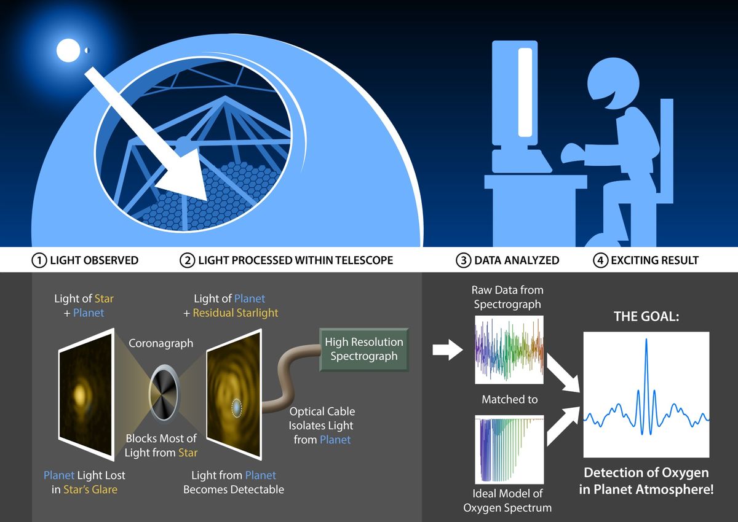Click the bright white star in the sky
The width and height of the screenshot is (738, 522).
click(65, 50)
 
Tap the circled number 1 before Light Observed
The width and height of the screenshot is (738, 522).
click(39, 260)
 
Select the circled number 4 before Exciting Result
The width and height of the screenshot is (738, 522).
click(600, 260)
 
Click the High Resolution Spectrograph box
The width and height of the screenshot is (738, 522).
click(363, 349)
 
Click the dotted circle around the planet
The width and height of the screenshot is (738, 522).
click(237, 407)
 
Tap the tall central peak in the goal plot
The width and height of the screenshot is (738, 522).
click(646, 362)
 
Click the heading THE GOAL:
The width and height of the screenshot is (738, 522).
click(646, 317)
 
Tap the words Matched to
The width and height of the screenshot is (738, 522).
click(509, 400)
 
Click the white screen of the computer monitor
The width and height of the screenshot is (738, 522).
click(525, 92)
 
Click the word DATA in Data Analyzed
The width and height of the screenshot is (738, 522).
click(490, 260)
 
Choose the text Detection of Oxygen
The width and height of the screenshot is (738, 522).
click(646, 473)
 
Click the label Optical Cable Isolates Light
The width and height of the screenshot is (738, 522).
click(322, 418)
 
